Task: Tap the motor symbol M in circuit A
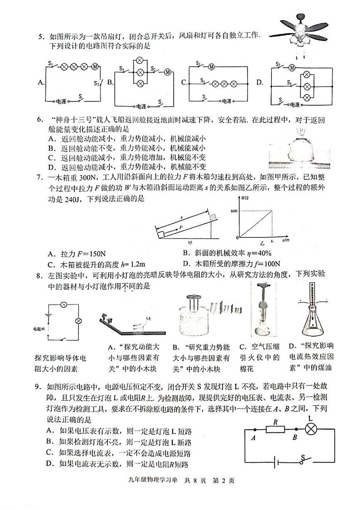point(96,67)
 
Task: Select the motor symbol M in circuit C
point(211,67)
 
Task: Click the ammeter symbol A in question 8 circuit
point(64,304)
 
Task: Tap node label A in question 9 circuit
point(253,437)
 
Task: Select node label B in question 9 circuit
point(295,437)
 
